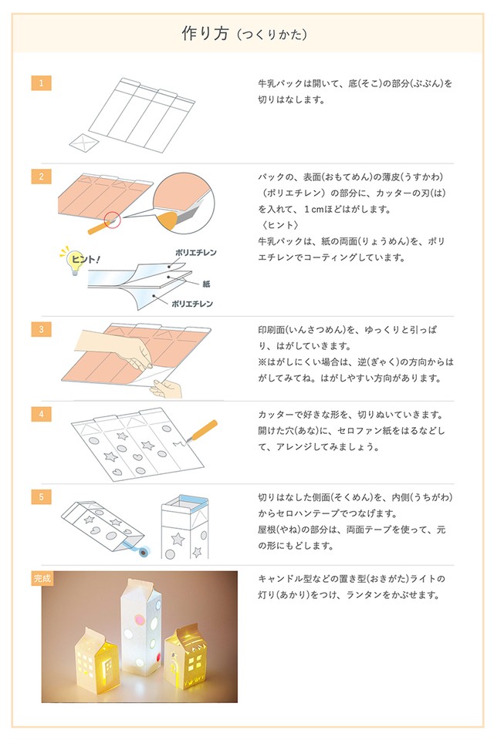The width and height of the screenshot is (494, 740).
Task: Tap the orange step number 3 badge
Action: coord(41,329)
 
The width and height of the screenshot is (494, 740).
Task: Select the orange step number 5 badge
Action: coord(41,496)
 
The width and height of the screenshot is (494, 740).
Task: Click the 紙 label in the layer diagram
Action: coord(207,284)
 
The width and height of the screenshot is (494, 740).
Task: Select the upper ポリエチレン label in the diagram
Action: coord(195,252)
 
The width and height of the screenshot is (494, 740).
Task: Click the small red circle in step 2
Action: coord(113,220)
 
